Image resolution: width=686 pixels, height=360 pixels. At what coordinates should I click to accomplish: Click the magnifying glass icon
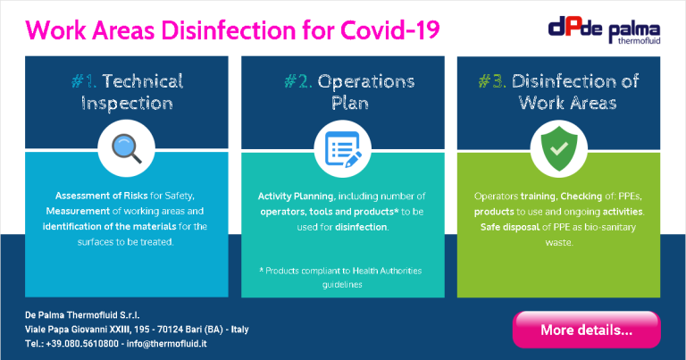click(x=127, y=148)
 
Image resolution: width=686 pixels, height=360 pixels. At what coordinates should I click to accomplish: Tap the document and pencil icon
click(x=343, y=149)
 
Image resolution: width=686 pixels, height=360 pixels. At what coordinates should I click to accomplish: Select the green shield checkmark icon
click(x=559, y=148)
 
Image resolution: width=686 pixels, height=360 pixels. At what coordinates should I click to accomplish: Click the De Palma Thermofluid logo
click(x=604, y=30)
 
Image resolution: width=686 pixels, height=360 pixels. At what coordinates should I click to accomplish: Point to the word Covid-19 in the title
click(x=389, y=30)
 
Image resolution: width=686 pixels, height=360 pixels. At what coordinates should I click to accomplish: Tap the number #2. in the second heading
click(x=298, y=81)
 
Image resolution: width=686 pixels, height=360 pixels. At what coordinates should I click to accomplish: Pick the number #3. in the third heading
click(x=492, y=81)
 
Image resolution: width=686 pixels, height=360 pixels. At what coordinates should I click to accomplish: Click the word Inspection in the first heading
click(x=127, y=104)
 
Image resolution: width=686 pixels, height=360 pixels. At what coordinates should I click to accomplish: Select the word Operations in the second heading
click(x=366, y=81)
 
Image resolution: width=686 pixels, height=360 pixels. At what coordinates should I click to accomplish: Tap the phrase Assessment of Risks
click(x=102, y=196)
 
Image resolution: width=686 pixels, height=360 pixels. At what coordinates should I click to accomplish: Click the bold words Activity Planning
click(x=296, y=197)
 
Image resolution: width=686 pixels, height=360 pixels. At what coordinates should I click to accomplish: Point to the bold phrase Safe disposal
click(x=510, y=227)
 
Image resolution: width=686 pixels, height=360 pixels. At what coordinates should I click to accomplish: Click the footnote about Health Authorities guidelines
click(x=341, y=277)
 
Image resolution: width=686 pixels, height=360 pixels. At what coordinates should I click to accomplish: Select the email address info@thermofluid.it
click(x=167, y=343)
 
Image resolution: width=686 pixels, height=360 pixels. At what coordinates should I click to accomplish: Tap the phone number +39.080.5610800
click(x=82, y=343)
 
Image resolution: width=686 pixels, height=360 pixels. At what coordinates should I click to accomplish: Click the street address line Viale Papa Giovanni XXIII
click(x=137, y=329)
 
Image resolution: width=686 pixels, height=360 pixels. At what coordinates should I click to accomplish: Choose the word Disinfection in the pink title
click(x=229, y=30)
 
